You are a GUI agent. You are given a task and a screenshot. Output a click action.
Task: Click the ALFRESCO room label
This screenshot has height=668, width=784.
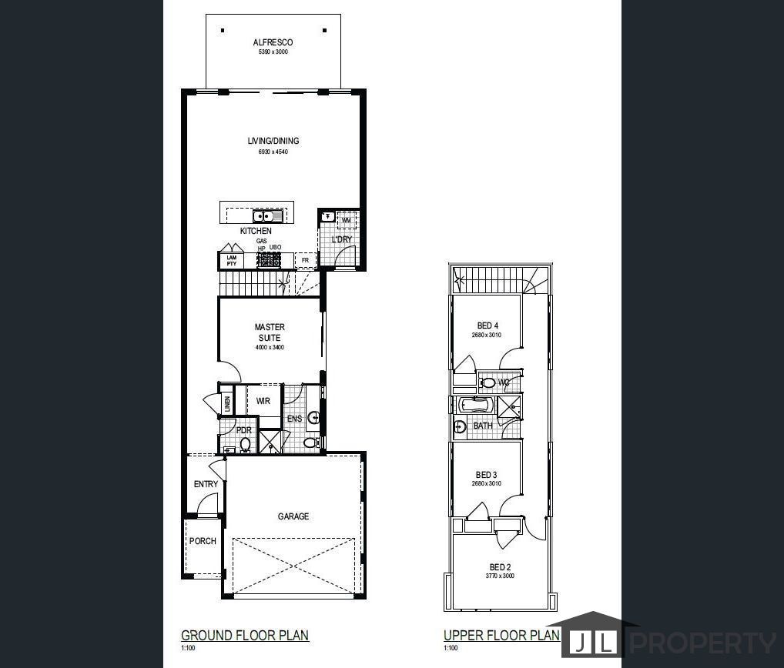(x=273, y=43)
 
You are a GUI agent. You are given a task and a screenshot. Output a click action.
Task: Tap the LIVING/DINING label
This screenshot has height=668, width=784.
(x=273, y=141)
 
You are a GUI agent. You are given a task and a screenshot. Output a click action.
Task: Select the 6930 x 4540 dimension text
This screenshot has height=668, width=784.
(x=273, y=152)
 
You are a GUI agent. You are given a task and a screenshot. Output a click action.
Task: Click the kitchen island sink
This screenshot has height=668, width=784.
(x=269, y=216)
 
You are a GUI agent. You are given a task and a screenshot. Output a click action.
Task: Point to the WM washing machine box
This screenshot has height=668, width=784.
(x=347, y=221)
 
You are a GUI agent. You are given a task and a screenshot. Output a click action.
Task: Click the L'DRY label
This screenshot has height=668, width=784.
(x=341, y=239)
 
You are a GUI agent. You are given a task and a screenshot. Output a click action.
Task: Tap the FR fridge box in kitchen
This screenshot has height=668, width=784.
(x=305, y=261)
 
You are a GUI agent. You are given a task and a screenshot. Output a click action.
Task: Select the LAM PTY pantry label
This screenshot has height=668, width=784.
(x=230, y=261)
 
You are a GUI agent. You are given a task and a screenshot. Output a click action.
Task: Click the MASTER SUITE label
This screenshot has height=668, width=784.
(x=270, y=332)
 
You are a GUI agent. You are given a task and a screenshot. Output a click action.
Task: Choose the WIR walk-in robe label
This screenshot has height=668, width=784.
(x=263, y=401)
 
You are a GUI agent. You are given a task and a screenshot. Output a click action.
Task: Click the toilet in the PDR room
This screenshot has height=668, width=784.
(x=245, y=444)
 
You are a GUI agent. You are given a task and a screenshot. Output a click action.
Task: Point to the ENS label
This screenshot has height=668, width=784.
(x=294, y=419)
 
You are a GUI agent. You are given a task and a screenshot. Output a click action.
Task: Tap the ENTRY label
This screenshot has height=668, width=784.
(x=206, y=484)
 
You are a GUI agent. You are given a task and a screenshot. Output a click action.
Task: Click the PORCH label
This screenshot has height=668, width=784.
(x=203, y=541)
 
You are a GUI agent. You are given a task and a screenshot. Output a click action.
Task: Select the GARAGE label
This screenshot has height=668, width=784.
(x=293, y=516)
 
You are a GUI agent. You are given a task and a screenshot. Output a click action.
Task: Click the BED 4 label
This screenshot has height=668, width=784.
(x=487, y=326)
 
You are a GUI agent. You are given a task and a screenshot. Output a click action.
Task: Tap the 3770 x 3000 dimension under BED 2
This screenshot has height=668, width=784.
(x=500, y=576)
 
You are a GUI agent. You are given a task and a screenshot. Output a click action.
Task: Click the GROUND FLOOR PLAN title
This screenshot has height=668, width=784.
(x=244, y=635)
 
